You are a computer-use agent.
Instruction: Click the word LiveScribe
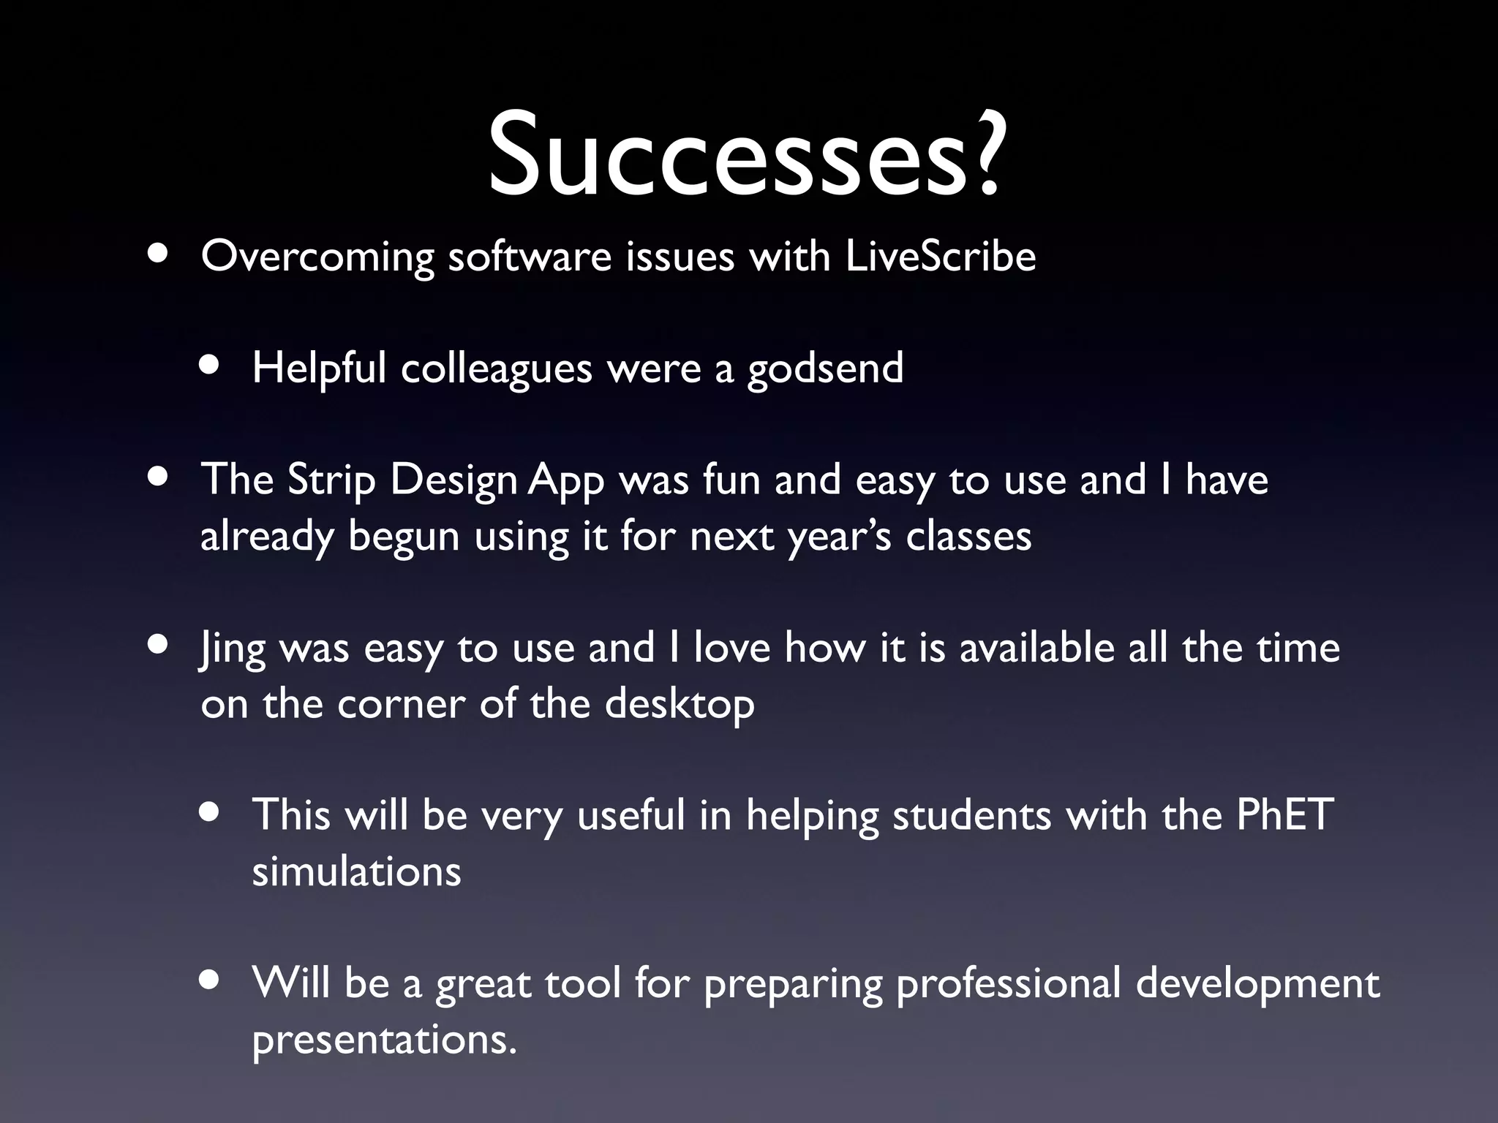point(940,257)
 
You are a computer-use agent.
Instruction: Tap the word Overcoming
point(317,258)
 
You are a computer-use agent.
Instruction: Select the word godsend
point(825,368)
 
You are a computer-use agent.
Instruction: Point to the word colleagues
point(496,368)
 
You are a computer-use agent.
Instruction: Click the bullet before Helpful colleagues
point(211,366)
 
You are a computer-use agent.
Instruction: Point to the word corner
point(401,706)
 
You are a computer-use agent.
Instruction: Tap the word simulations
point(356,872)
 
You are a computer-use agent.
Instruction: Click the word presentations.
point(383,1040)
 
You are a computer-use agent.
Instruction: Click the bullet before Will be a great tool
point(211,980)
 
